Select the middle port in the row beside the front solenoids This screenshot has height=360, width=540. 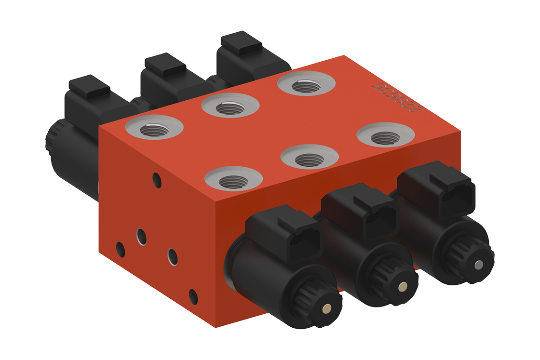click(309, 159)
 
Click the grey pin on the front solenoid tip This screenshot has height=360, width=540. click(478, 264)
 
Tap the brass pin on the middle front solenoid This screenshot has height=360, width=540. click(402, 287)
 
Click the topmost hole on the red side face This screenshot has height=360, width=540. click(157, 180)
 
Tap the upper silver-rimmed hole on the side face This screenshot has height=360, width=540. click(141, 236)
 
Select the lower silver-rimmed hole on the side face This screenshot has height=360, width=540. click(173, 256)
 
